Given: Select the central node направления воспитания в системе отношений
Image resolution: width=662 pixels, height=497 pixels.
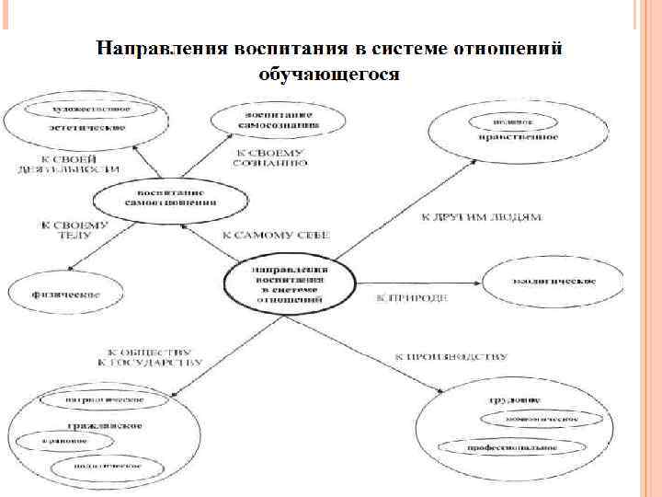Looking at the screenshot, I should pos(290,279).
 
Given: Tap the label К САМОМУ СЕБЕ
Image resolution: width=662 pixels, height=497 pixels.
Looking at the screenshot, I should pos(276,236).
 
